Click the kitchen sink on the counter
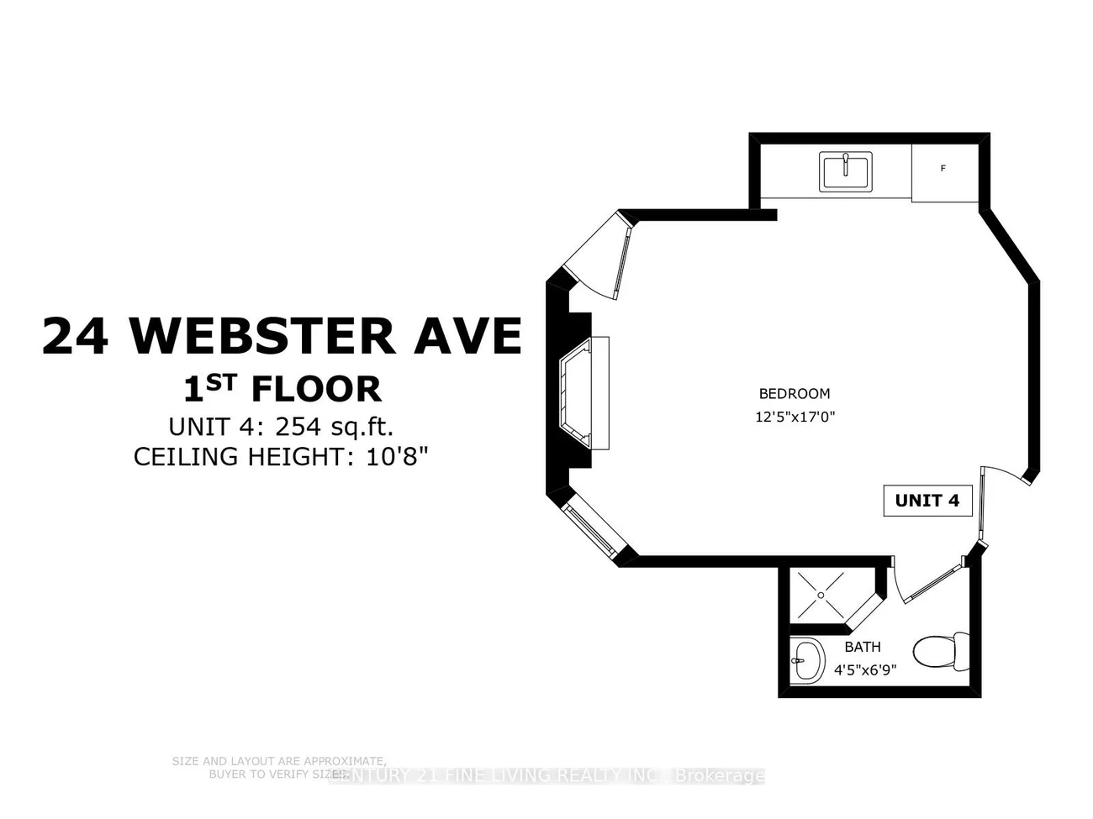pyautogui.click(x=847, y=171)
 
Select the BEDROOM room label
pyautogui.click(x=794, y=393)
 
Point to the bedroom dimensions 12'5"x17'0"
pyautogui.click(x=795, y=416)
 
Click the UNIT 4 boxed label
pyautogui.click(x=927, y=501)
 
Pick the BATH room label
pyautogui.click(x=863, y=647)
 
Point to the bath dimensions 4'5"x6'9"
pyautogui.click(x=865, y=670)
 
